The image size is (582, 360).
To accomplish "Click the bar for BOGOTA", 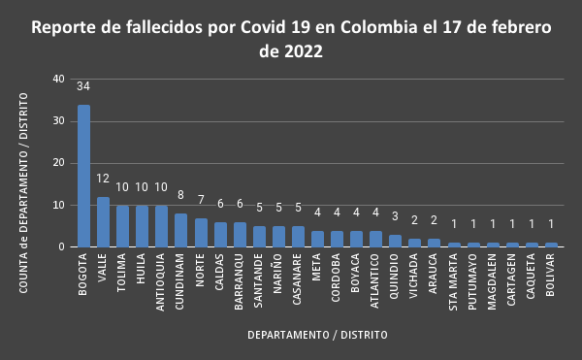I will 83,176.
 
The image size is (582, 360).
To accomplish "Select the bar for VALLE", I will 103,222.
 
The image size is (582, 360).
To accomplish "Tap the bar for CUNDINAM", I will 180,230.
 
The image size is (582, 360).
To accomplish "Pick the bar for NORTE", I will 200,232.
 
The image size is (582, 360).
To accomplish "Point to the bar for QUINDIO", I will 395,241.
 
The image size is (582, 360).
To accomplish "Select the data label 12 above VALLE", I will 103,179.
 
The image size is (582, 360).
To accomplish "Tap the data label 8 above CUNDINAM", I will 180,195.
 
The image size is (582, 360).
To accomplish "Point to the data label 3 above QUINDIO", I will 395,216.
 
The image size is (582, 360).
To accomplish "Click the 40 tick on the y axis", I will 59,79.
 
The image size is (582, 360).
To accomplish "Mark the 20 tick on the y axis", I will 59,163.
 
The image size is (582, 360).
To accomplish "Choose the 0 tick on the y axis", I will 62,246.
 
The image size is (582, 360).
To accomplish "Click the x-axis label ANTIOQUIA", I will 161,279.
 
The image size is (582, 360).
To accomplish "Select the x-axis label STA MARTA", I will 453,280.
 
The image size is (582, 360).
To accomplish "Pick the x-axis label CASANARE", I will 298,278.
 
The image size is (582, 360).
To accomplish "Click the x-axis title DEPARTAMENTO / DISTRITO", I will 317,335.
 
